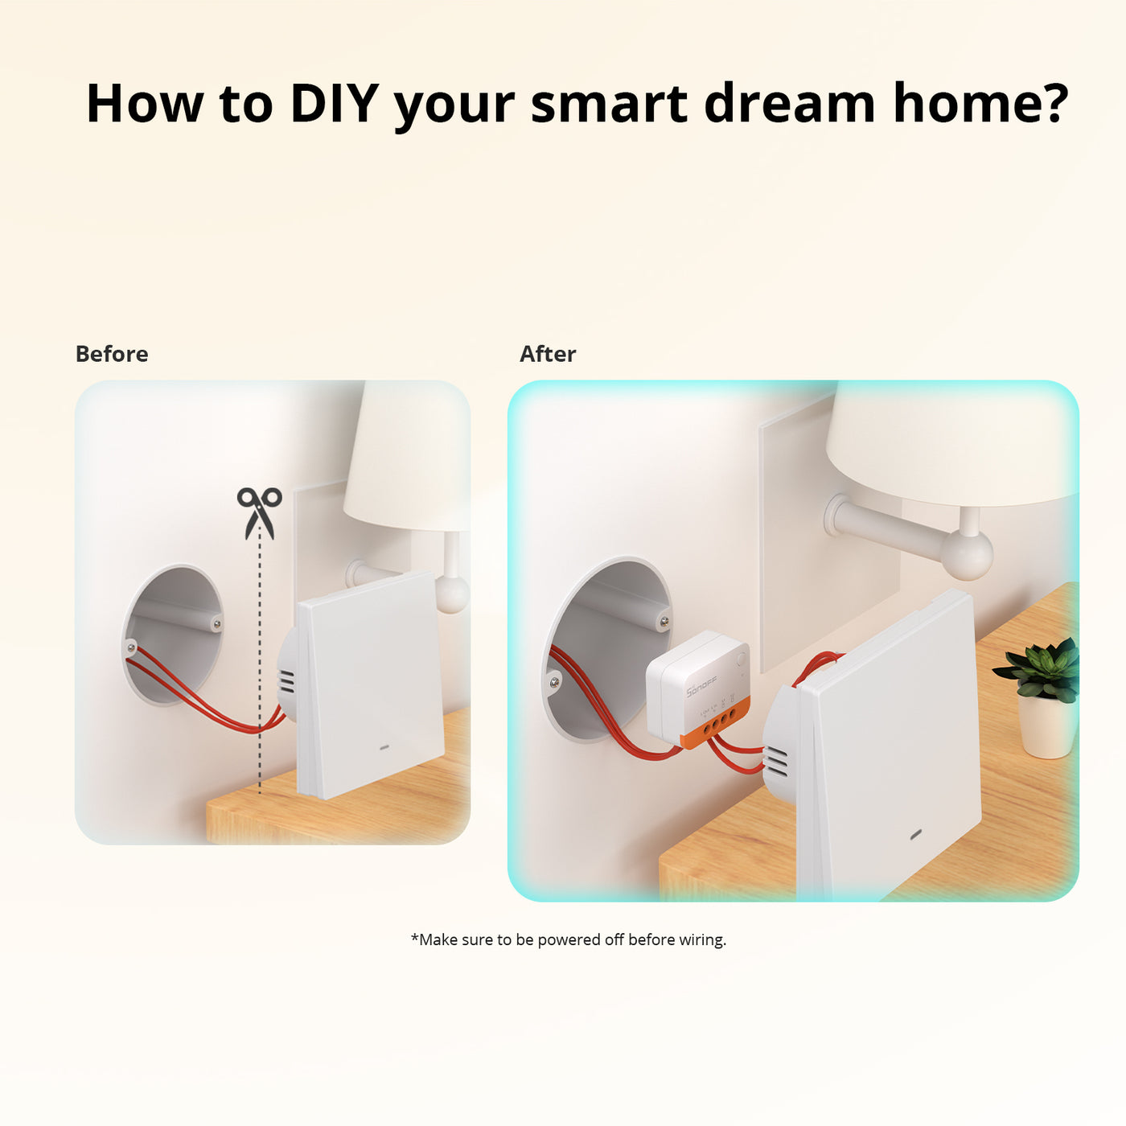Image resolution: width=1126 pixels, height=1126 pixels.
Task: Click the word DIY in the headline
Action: click(x=334, y=103)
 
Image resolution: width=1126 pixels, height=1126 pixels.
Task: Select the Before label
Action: click(x=112, y=354)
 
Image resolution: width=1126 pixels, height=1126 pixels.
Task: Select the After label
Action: click(x=548, y=354)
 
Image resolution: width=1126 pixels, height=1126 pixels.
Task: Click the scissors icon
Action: click(x=259, y=512)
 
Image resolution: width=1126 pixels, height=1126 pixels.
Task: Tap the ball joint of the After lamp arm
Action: click(x=968, y=554)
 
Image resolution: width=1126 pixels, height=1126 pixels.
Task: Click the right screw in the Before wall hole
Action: click(x=216, y=623)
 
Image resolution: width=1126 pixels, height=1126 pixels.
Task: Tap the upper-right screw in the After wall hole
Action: click(x=663, y=621)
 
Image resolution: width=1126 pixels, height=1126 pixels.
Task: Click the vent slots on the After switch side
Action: click(x=777, y=761)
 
